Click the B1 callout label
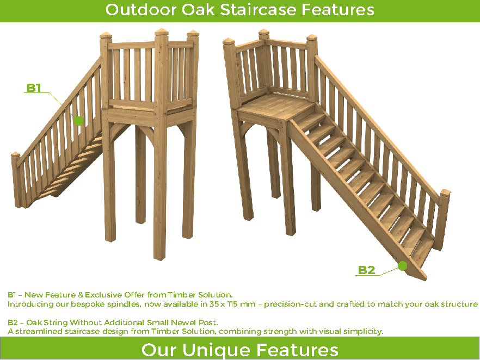[x=34, y=88]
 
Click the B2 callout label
[x=366, y=270]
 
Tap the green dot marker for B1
[x=79, y=121]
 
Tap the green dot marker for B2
[x=403, y=266]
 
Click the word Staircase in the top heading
[x=259, y=9]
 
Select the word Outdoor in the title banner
[x=141, y=9]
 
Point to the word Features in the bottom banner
[x=297, y=350]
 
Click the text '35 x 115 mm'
[x=232, y=305]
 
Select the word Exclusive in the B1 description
[x=103, y=295]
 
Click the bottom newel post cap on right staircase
[x=445, y=192]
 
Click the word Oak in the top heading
[x=198, y=9]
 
